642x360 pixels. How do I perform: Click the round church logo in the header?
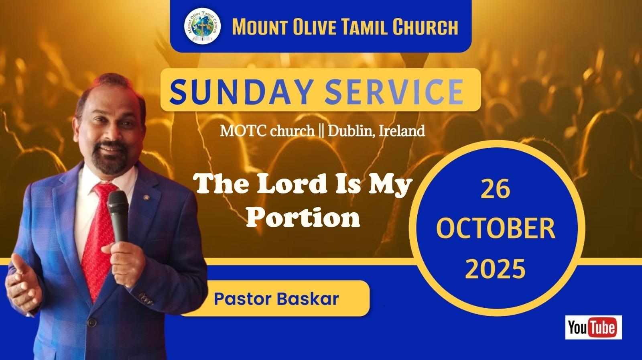(x=202, y=26)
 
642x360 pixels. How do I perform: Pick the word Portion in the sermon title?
(x=303, y=218)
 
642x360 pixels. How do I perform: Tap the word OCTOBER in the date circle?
(x=496, y=228)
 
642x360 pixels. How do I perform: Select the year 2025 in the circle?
(x=495, y=268)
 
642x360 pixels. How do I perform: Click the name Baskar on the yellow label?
(x=308, y=299)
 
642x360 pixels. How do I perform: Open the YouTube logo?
(x=593, y=327)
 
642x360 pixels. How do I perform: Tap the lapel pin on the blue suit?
(x=146, y=197)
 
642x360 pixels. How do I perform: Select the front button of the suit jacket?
(x=91, y=321)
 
